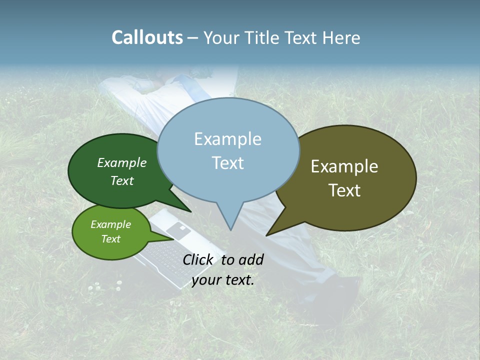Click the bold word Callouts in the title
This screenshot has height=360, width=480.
tap(147, 37)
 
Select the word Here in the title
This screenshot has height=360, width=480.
tap(342, 37)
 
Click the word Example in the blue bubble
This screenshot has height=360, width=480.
tap(227, 139)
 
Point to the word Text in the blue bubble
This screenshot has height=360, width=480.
tap(227, 163)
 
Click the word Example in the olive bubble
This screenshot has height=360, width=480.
tap(344, 166)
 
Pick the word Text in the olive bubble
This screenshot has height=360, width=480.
tap(344, 190)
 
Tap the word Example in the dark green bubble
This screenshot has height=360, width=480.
tap(122, 162)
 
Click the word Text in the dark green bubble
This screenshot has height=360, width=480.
tap(122, 181)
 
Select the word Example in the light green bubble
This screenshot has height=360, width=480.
tap(111, 224)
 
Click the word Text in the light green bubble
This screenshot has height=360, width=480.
tap(111, 239)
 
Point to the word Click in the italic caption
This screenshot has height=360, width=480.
tap(199, 259)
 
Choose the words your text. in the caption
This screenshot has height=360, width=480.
tap(223, 280)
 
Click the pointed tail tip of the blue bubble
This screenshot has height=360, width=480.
tap(230, 230)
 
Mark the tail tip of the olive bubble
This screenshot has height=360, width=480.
tap(266, 235)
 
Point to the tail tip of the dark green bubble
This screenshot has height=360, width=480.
tap(190, 212)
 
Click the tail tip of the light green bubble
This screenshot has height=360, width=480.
tap(174, 239)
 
